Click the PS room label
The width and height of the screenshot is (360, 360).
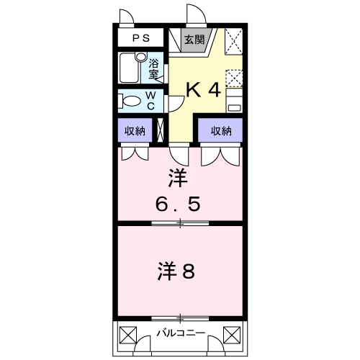tap(141, 38)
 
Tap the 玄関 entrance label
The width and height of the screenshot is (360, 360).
tap(194, 40)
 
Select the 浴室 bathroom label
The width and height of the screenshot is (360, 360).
tap(153, 68)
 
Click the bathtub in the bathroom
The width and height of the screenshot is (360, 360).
tap(129, 68)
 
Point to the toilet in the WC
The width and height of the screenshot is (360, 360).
tap(129, 101)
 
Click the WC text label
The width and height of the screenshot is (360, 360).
tap(150, 101)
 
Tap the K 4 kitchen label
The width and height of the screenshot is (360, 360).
tap(203, 90)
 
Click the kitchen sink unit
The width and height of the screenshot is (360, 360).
tap(234, 101)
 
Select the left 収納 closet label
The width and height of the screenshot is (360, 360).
tap(135, 131)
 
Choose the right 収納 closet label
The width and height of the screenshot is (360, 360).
tap(221, 131)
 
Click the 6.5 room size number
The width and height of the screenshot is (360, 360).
tap(178, 204)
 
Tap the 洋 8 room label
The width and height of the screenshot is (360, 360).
tap(176, 271)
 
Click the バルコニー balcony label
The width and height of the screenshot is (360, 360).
tap(181, 333)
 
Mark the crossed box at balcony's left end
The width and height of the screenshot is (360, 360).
tap(128, 336)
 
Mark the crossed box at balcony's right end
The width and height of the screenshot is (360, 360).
tap(232, 336)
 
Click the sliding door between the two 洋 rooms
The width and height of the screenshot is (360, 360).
tap(180, 223)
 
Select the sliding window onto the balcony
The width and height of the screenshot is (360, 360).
tap(180, 318)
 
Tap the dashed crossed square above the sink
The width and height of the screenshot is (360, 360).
tap(234, 78)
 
